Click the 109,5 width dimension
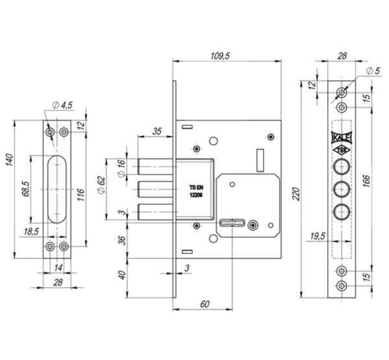point(220,56)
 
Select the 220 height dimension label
point(296,194)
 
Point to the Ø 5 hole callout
point(373,71)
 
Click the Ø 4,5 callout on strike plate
point(62,105)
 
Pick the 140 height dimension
point(9,160)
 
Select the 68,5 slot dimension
point(26,189)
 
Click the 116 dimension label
point(81,194)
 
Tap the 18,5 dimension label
point(31,232)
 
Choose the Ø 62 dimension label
point(101,185)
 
